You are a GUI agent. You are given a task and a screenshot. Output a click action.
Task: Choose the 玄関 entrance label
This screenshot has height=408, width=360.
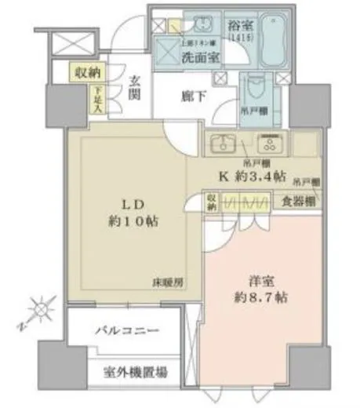point(134,87)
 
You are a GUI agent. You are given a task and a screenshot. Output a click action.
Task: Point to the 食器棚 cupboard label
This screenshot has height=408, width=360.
point(300,201)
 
